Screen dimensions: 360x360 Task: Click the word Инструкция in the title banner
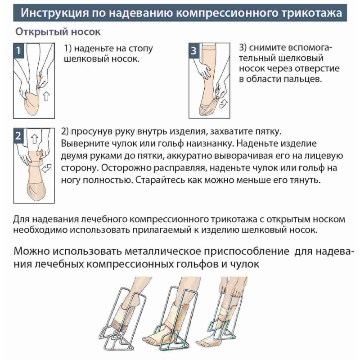coord(54,13)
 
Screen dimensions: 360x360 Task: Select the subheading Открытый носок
coord(58,31)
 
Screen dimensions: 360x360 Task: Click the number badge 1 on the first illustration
coord(18,50)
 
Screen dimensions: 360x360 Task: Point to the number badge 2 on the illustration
coord(18,136)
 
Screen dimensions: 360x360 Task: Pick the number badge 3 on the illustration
coord(194,50)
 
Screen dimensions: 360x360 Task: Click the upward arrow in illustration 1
coord(46,96)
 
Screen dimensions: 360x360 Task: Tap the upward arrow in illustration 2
coord(35,139)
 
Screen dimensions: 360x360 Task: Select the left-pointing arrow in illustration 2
coord(47,168)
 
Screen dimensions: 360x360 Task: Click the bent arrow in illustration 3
coord(223,104)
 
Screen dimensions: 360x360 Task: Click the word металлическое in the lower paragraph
coord(163,252)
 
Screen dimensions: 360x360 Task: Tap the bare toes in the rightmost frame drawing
coord(202,342)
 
